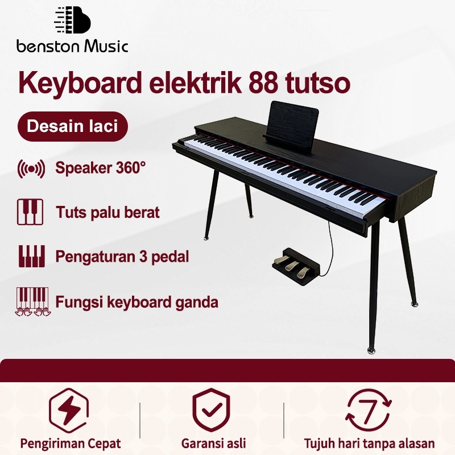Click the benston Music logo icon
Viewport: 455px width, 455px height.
point(72,22)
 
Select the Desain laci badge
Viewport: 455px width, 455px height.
point(72,126)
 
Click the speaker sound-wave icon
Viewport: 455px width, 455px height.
point(31,169)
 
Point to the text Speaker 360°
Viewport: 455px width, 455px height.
point(101,168)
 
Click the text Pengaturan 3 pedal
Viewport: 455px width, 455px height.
point(122,256)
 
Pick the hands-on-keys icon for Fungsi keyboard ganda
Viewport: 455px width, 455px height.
point(31,301)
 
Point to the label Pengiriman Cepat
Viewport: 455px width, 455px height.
point(71,444)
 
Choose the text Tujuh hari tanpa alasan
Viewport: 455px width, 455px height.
point(369,444)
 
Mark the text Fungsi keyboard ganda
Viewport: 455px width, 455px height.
point(136,301)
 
